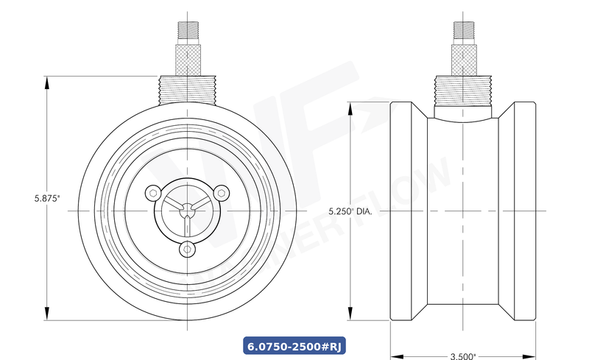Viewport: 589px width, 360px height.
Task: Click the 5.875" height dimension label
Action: (x=46, y=198)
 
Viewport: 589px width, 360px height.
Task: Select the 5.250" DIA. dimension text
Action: (x=350, y=211)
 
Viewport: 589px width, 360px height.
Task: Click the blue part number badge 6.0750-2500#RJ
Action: (x=295, y=344)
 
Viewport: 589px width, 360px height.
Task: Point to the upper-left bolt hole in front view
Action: (x=152, y=193)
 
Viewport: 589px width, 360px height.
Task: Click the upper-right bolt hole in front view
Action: (x=220, y=193)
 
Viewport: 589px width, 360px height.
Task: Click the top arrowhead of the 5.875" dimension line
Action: (x=47, y=81)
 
